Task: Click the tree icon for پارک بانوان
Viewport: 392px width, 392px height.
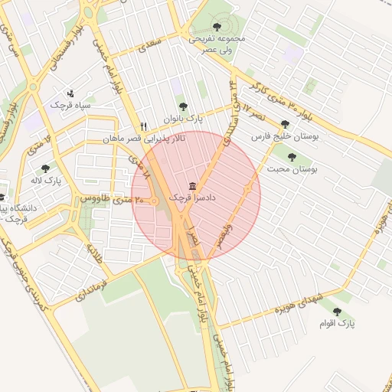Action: pos(182,106)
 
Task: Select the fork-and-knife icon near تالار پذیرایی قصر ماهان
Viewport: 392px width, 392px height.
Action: pos(142,127)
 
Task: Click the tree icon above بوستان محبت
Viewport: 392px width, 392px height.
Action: pos(292,155)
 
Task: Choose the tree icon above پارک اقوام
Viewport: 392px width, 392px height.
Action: pos(338,311)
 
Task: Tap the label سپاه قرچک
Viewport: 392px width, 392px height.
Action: pos(70,103)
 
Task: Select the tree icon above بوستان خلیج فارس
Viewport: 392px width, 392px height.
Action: pos(286,124)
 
